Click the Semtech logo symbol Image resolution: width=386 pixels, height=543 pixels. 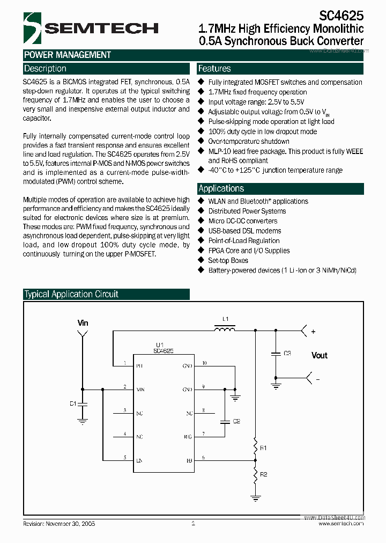pyautogui.click(x=32, y=28)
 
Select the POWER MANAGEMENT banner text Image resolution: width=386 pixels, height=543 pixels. pyautogui.click(x=68, y=55)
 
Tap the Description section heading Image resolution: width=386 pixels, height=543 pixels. pyautogui.click(x=46, y=69)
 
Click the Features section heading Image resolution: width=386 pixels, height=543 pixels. pyautogui.click(x=214, y=69)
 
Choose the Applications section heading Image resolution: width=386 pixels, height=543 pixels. pyautogui.click(x=221, y=188)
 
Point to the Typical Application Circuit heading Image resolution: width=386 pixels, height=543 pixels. pyautogui.click(x=71, y=294)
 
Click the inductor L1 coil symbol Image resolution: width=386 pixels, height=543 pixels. pyautogui.click(x=224, y=328)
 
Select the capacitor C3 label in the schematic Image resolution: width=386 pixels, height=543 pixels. pyautogui.click(x=287, y=353)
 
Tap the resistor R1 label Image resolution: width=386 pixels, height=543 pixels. pyautogui.click(x=263, y=447)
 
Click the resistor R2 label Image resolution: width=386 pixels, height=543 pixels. pyautogui.click(x=263, y=474)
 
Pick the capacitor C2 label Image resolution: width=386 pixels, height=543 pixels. pyautogui.click(x=236, y=421)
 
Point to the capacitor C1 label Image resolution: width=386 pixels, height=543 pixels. pyautogui.click(x=73, y=403)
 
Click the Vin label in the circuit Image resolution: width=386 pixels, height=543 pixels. pyautogui.click(x=83, y=323)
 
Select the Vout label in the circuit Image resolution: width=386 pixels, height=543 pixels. pyautogui.click(x=320, y=355)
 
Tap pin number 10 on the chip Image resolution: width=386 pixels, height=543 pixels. pyautogui.click(x=204, y=363)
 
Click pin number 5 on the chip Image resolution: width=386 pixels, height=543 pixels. pyautogui.click(x=125, y=457)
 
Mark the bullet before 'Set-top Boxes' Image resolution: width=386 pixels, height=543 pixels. pyautogui.click(x=201, y=260)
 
